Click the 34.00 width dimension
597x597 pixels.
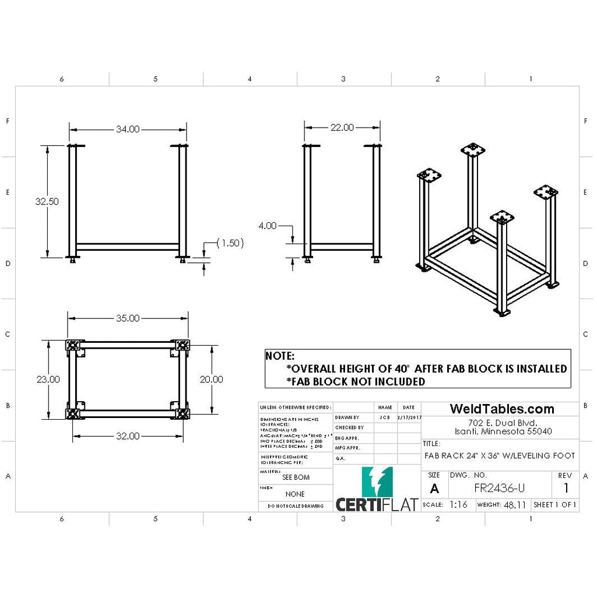pos(128,129)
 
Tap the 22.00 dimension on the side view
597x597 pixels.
pos(342,128)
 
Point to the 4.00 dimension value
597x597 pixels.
pos(268,226)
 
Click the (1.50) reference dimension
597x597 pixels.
pos(230,243)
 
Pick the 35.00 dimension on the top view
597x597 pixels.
pos(128,318)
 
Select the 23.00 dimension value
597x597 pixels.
pos(48,379)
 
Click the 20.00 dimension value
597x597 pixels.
pos(212,379)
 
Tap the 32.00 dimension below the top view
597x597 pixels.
pos(128,436)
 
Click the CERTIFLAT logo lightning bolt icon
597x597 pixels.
pos(377,482)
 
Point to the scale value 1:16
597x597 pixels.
pos(458,504)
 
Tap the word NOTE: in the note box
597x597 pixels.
pos(280,356)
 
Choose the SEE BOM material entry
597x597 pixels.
pos(296,477)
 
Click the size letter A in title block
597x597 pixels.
pos(434,489)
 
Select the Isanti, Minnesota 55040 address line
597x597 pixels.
pos(503,431)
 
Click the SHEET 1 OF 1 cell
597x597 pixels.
pos(555,504)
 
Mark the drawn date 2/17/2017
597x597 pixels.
pos(408,417)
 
